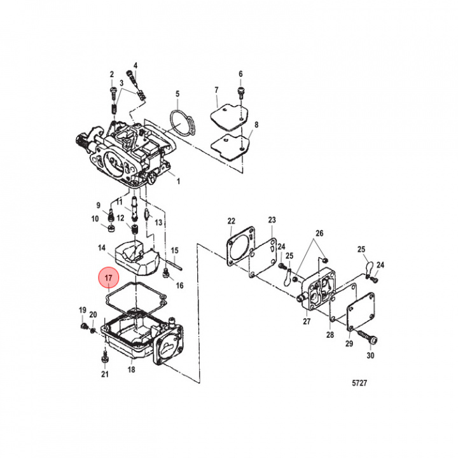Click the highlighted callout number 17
click(x=108, y=279)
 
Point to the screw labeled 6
click(x=241, y=93)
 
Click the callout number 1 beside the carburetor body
click(x=178, y=181)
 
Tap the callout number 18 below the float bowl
click(x=131, y=370)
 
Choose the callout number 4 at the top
click(x=135, y=66)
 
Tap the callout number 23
click(x=272, y=220)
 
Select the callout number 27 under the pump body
click(x=307, y=322)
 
